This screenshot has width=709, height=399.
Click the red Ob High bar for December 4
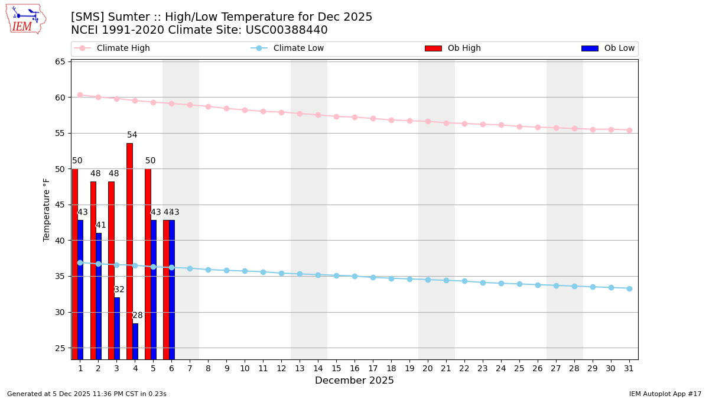[129, 251]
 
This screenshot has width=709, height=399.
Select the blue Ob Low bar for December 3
[117, 328]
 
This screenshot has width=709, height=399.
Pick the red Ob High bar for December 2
[93, 270]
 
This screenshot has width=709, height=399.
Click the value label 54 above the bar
[132, 135]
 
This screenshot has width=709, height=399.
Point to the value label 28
[137, 315]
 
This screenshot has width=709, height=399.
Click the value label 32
[119, 290]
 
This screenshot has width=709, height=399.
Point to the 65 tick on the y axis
[60, 61]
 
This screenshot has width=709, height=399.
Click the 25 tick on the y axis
[60, 348]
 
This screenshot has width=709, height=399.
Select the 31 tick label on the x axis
[629, 368]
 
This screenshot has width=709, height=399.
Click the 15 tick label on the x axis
[336, 368]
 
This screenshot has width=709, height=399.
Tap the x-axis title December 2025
[354, 381]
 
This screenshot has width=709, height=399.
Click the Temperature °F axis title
[47, 209]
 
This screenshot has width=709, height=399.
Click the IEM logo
[25, 19]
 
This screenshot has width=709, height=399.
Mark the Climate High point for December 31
[629, 130]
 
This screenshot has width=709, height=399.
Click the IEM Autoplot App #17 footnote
[665, 394]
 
